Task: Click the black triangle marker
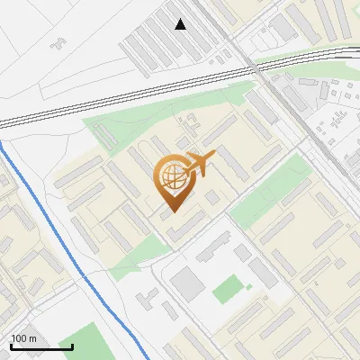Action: coord(181,24)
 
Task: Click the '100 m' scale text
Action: coord(23,338)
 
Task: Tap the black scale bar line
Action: coord(41,346)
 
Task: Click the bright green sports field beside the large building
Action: coord(228,291)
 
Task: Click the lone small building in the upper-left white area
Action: coord(59,40)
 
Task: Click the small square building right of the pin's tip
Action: coord(212,196)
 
